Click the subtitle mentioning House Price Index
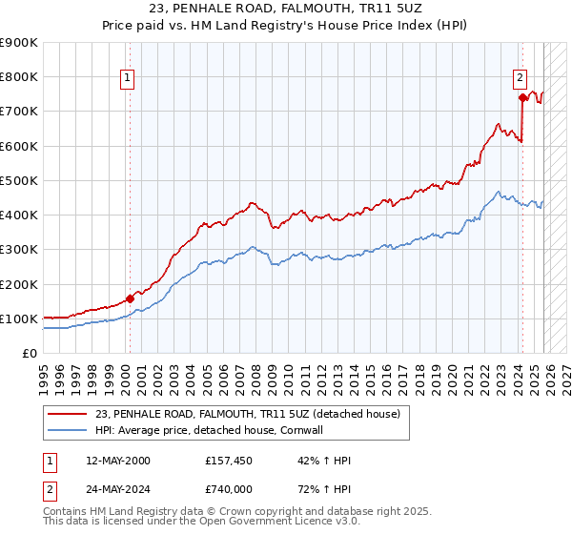pyautogui.click(x=286, y=26)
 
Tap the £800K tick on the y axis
pyautogui.click(x=19, y=77)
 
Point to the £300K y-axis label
pyautogui.click(x=19, y=250)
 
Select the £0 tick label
pyautogui.click(x=30, y=354)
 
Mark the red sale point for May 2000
pyautogui.click(x=130, y=298)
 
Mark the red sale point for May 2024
pyautogui.click(x=522, y=97)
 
